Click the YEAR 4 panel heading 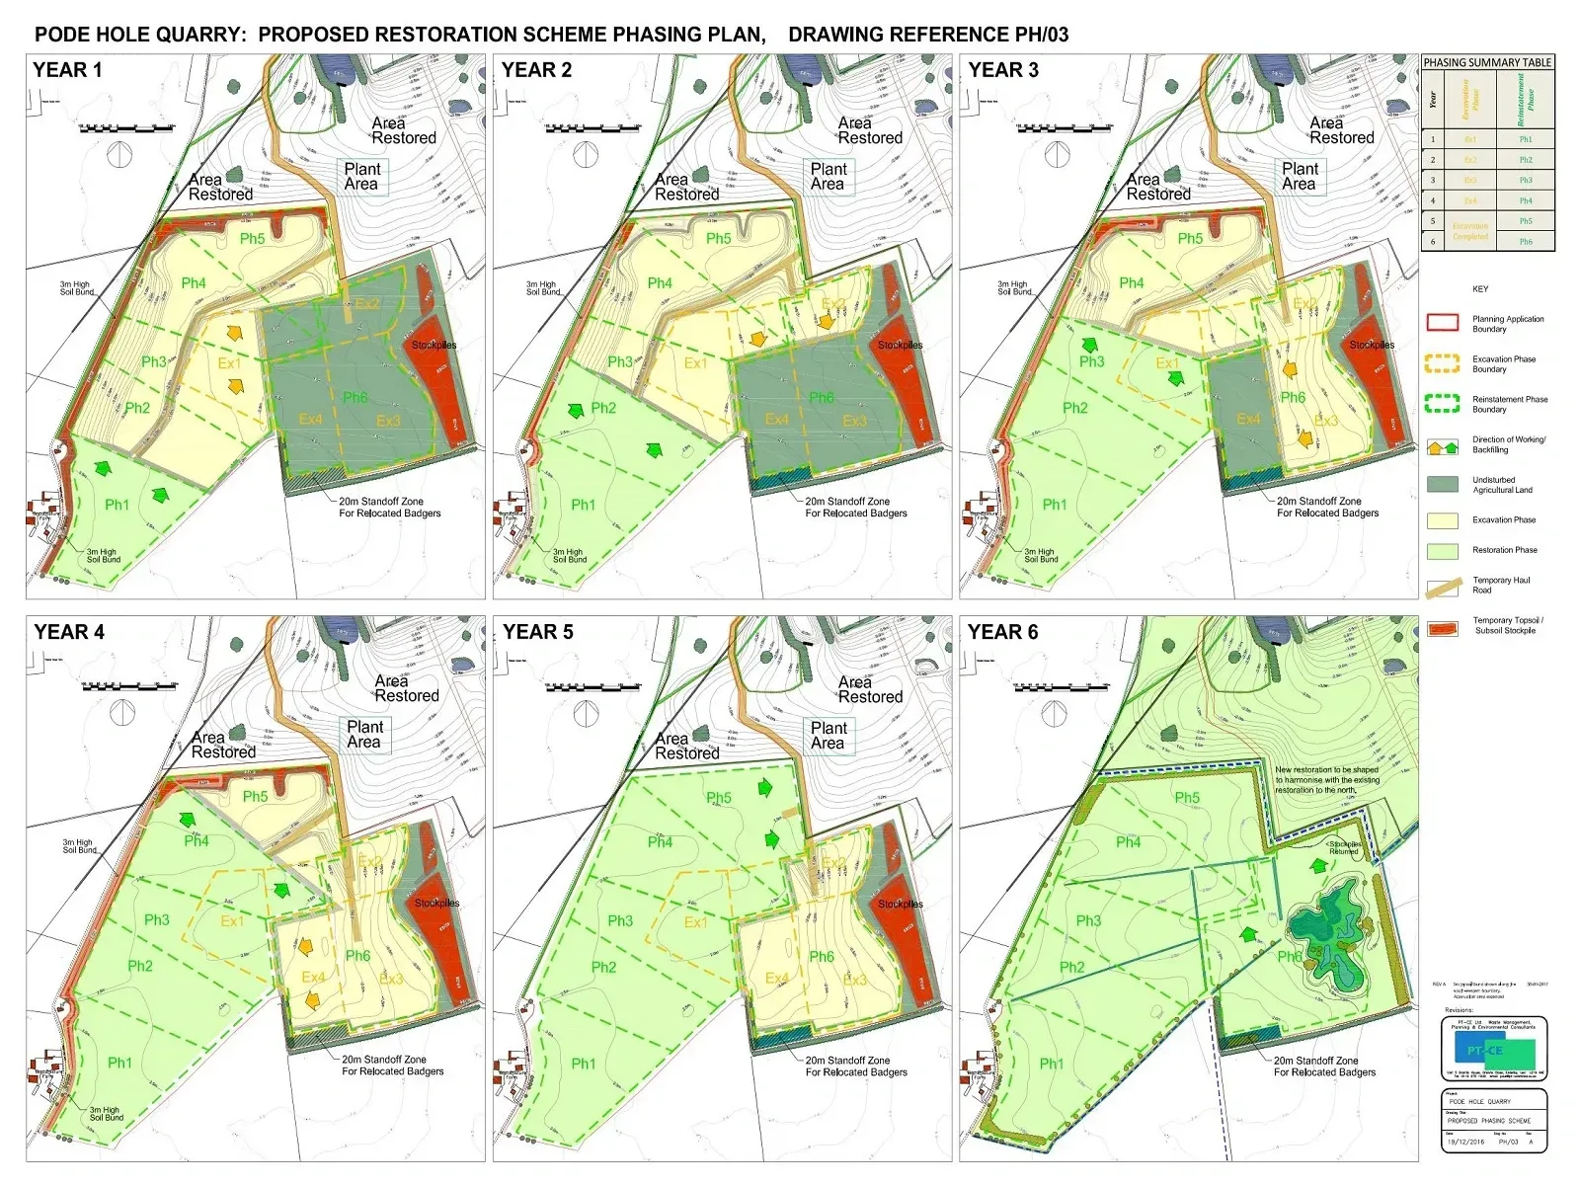tap(69, 632)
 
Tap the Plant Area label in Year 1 tap(361, 177)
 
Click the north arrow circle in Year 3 tap(1058, 154)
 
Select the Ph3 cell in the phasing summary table tap(1526, 180)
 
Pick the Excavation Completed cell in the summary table tap(1469, 231)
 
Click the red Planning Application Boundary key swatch tap(1443, 322)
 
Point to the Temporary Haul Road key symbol tap(1444, 587)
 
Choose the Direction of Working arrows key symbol tap(1443, 446)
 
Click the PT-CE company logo tap(1494, 1050)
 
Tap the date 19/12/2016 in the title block tap(1465, 1142)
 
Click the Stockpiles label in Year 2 tap(900, 345)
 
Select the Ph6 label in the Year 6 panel tap(1289, 956)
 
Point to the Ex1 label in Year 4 tap(231, 921)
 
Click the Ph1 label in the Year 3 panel tap(1055, 505)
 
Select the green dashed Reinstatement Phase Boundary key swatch tap(1443, 403)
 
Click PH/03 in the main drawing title tap(1040, 35)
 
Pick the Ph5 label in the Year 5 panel tap(719, 798)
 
